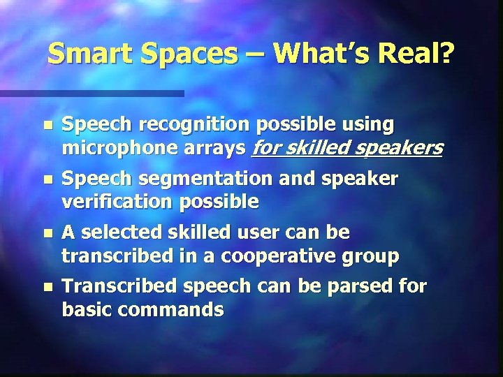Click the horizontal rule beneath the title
(92, 93)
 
